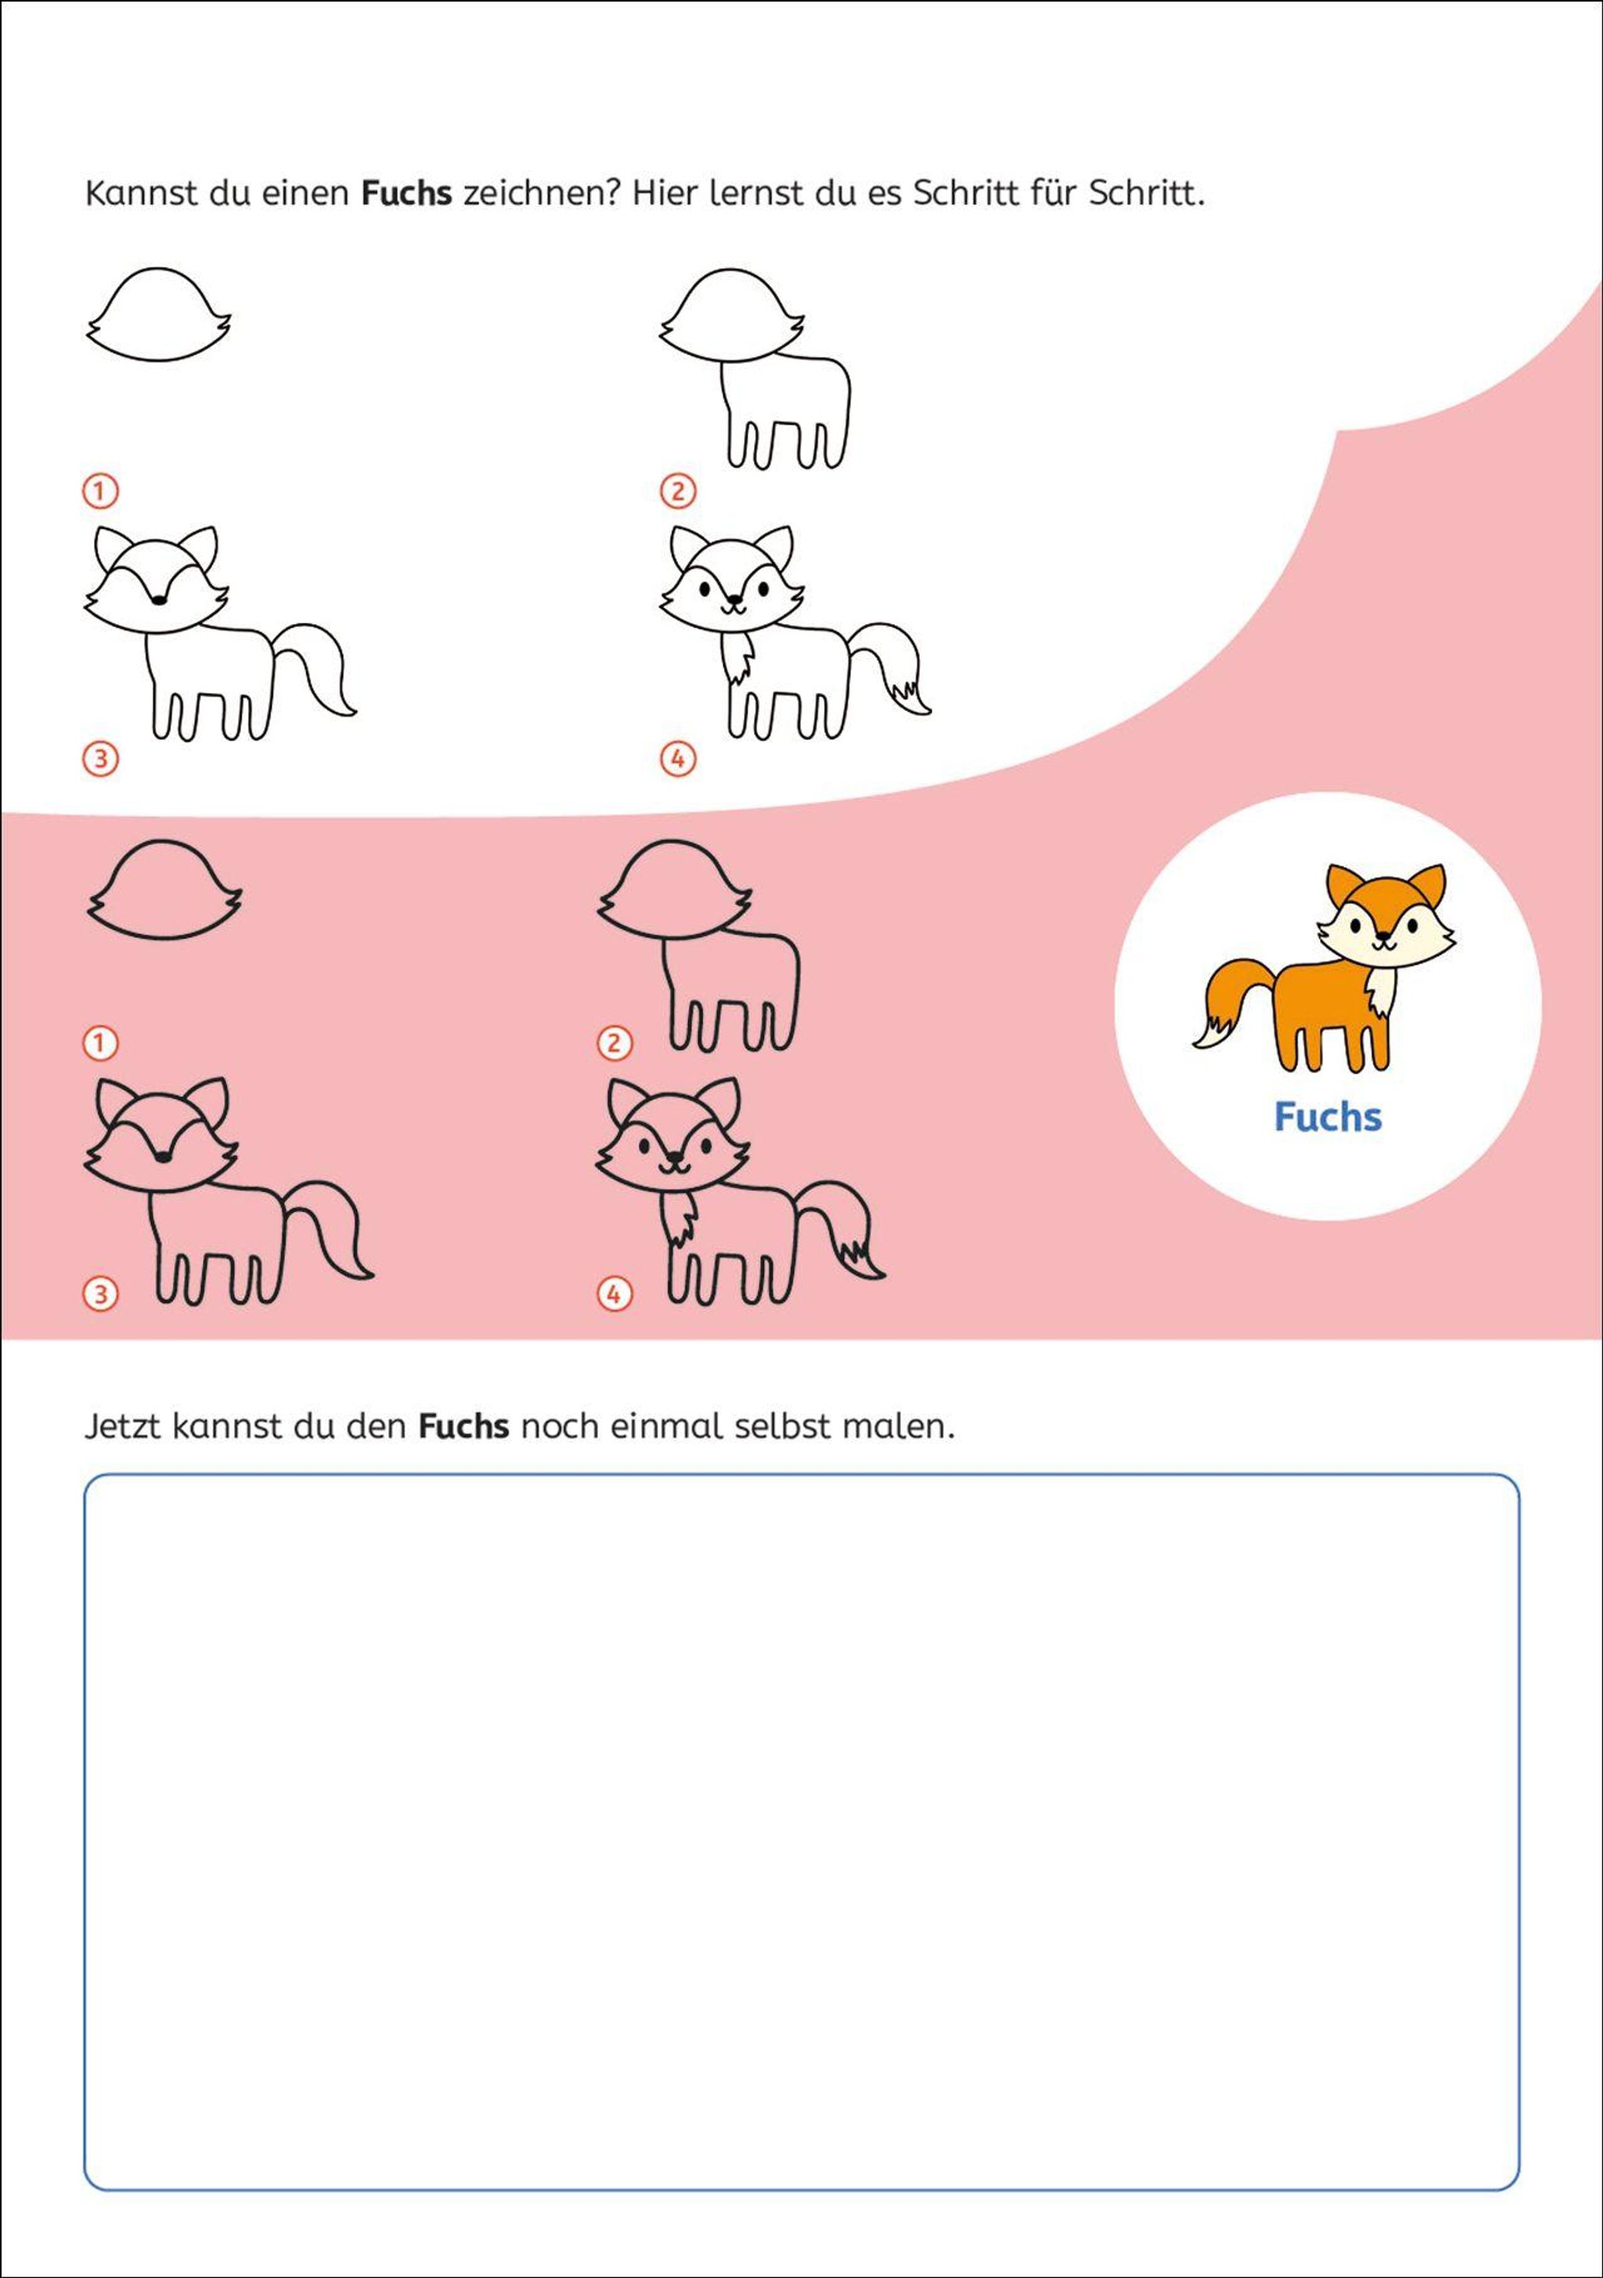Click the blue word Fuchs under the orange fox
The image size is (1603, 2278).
pos(1327,1117)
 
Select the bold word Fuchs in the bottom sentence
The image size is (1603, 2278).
pos(464,1427)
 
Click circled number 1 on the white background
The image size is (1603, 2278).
pos(100,490)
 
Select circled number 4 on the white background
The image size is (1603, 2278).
pos(677,759)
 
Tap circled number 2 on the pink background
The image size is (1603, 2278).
pos(614,1042)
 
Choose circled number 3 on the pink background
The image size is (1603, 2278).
pos(100,1294)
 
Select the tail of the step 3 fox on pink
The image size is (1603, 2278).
pos(337,1220)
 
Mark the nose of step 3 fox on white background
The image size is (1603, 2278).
pos(158,598)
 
